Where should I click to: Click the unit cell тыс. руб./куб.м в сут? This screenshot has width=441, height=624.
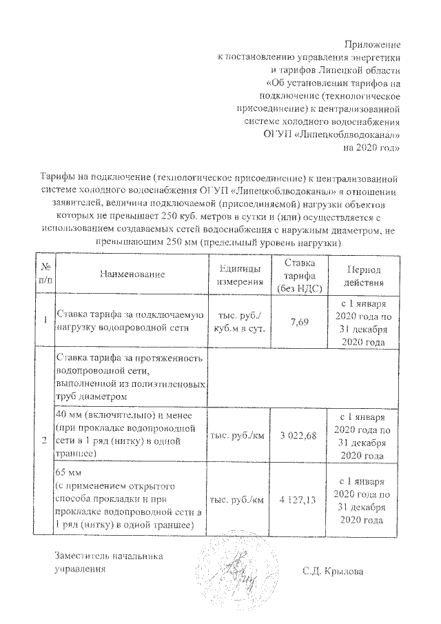239,321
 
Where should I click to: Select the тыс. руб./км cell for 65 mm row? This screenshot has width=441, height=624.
239,499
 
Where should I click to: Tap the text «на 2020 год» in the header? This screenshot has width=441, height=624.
372,147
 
